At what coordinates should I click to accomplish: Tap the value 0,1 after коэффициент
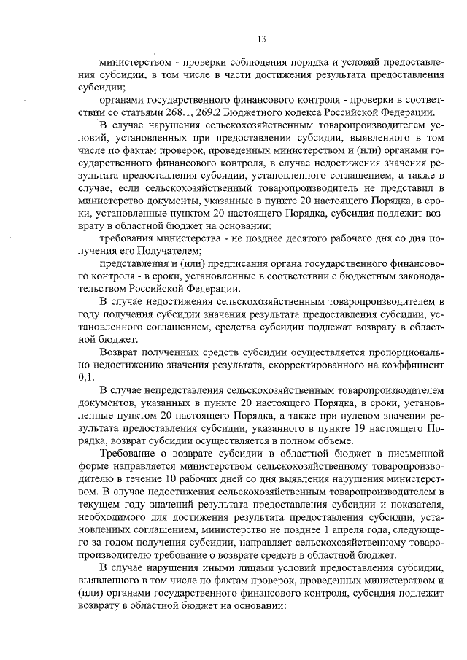(x=86, y=378)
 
